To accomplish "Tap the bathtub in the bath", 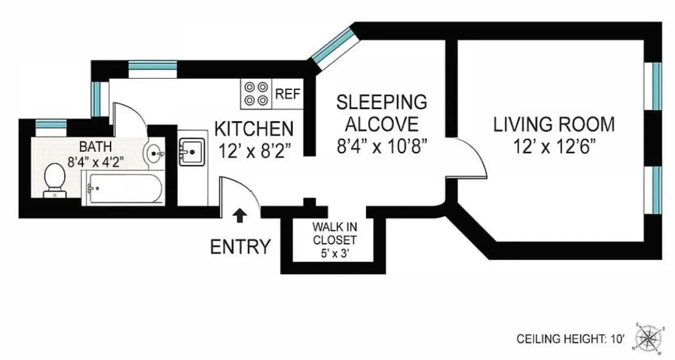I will pos(122,189).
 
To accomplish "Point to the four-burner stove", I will pos(256,94).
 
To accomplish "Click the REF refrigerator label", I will pos(288,94).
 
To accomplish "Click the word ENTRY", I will pos(241,247).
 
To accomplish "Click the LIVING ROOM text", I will pos(554,125).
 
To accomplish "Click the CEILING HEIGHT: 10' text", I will pos(571,339).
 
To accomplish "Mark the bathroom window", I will pos(51,124).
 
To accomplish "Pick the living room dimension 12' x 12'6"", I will pos(554,147).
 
